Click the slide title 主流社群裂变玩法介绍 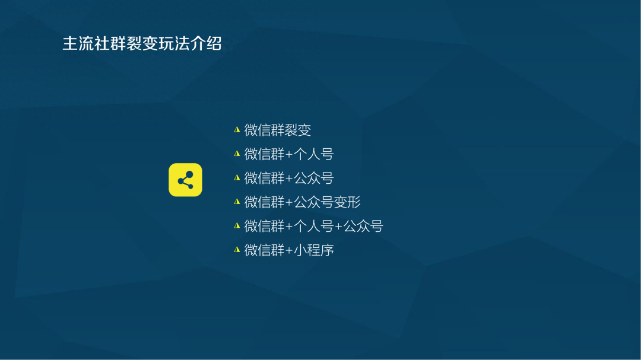[x=142, y=43]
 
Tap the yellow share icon [x=185, y=180]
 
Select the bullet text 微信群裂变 [x=278, y=130]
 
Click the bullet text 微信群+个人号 [x=289, y=154]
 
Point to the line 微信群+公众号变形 [x=303, y=202]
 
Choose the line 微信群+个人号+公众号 [x=313, y=226]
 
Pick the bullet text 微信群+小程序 [x=289, y=250]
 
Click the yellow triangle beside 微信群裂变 [x=237, y=129]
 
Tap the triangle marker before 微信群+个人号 [x=237, y=154]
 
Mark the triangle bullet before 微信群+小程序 [x=237, y=250]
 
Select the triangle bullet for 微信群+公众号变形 [x=237, y=202]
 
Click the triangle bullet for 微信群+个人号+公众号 [x=237, y=225]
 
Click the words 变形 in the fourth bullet [x=347, y=202]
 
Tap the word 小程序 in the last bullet [x=314, y=250]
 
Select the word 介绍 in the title [x=206, y=43]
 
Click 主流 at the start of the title [x=78, y=43]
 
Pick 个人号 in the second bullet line [x=314, y=154]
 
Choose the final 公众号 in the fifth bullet [x=363, y=226]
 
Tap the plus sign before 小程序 [x=290, y=250]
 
